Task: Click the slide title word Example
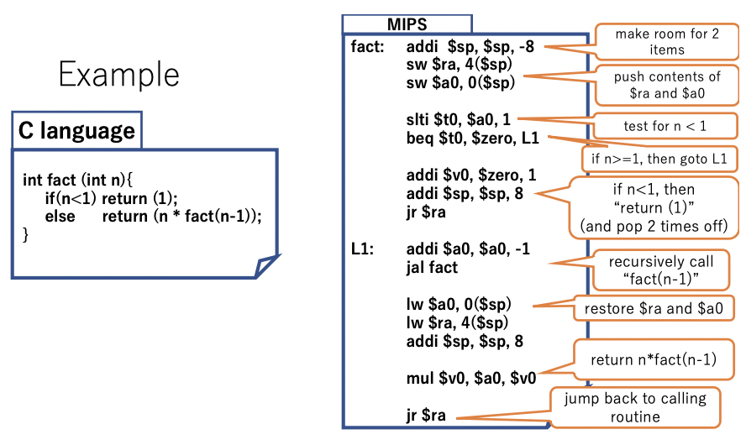click(118, 75)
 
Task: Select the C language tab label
click(76, 131)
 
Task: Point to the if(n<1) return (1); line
click(112, 199)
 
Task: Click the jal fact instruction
click(432, 267)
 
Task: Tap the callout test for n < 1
click(665, 126)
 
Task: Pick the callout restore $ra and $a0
click(654, 308)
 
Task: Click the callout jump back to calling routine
click(635, 407)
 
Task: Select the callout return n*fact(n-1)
click(653, 360)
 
